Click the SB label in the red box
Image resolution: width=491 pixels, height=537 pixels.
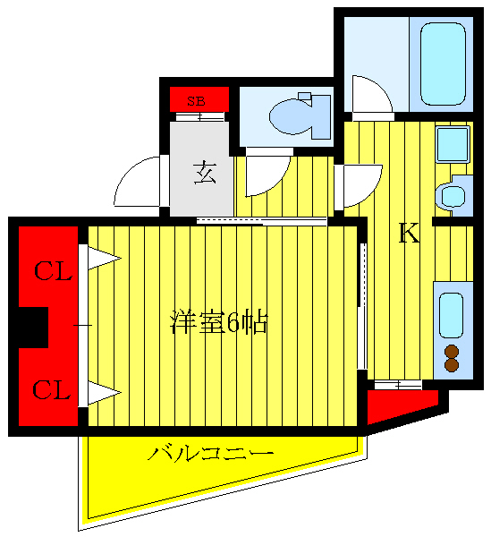click(196, 100)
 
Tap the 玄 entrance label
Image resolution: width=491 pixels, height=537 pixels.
click(205, 171)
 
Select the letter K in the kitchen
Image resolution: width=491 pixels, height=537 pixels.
click(409, 233)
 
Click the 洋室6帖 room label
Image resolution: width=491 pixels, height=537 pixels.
click(219, 323)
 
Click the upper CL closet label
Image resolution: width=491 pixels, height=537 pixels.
click(53, 271)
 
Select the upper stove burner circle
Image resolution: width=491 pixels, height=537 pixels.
click(452, 351)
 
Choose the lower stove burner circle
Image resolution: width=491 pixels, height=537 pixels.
click(452, 365)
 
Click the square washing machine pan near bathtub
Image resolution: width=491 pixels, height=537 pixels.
click(453, 143)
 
